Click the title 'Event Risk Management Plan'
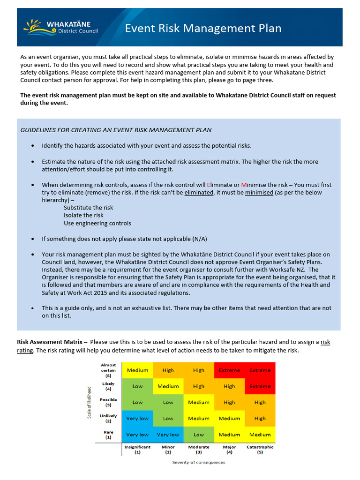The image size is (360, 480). [203, 29]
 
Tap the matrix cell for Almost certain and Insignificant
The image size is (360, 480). [137, 370]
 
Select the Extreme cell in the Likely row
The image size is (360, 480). [260, 386]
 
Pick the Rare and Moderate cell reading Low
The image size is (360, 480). [199, 435]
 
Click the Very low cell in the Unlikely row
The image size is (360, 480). [137, 419]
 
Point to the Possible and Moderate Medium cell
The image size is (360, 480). [199, 402]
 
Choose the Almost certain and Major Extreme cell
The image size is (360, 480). [229, 370]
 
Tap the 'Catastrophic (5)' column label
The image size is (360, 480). [260, 450]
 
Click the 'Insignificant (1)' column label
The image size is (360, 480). [137, 450]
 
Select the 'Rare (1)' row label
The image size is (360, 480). [108, 435]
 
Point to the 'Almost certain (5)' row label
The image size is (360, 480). [108, 370]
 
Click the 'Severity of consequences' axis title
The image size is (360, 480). [198, 463]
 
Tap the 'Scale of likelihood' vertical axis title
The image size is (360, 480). [89, 403]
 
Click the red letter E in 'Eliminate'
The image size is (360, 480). [209, 185]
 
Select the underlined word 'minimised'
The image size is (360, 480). [259, 192]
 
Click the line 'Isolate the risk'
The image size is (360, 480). [83, 215]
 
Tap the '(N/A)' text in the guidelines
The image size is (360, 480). [197, 239]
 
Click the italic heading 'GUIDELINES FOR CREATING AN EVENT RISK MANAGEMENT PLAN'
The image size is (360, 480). [116, 130]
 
